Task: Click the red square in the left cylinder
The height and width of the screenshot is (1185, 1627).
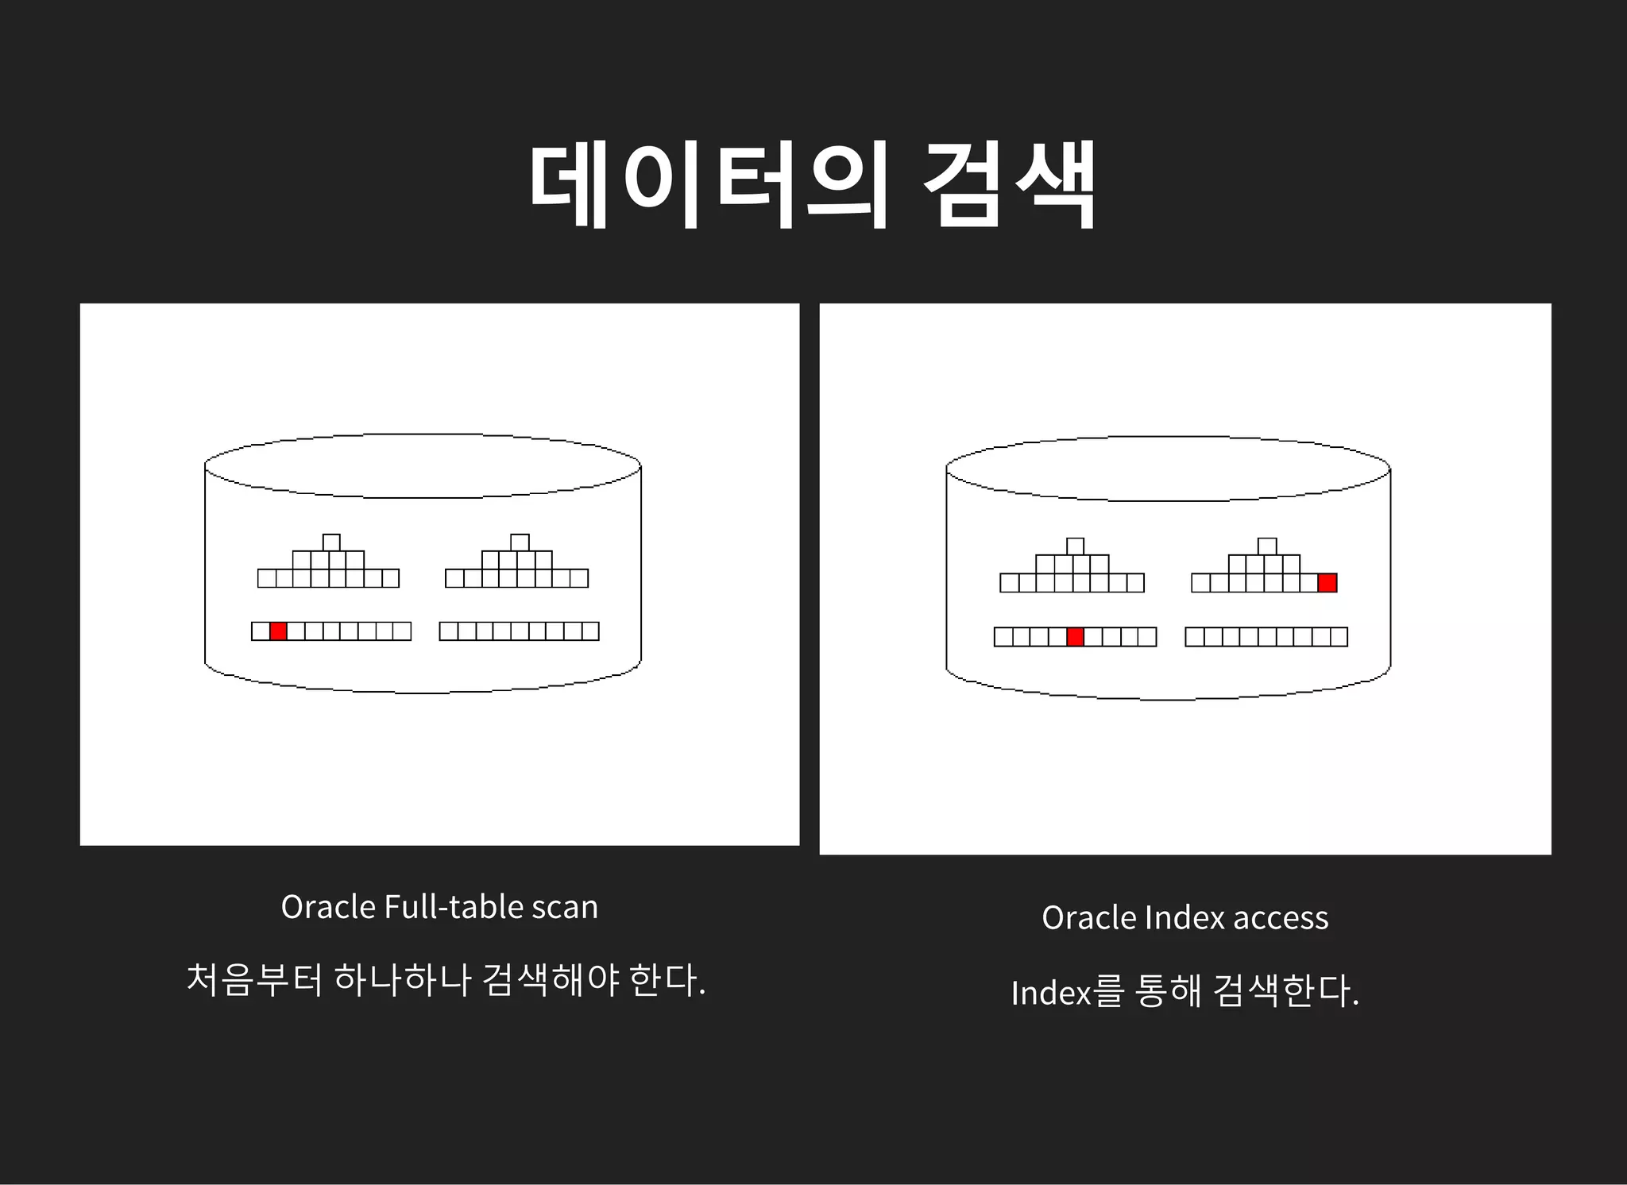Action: click(278, 631)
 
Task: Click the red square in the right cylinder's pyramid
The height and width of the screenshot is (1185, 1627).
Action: click(1327, 583)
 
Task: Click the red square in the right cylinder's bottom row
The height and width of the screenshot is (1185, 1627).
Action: click(1075, 637)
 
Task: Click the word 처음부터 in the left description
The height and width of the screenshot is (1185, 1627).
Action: click(255, 980)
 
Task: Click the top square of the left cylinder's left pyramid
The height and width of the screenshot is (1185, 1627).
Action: click(331, 543)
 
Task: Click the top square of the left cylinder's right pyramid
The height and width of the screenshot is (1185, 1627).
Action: click(520, 543)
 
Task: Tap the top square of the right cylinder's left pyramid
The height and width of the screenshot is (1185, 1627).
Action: click(1075, 546)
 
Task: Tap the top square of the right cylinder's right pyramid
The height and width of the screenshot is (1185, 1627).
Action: click(1267, 546)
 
